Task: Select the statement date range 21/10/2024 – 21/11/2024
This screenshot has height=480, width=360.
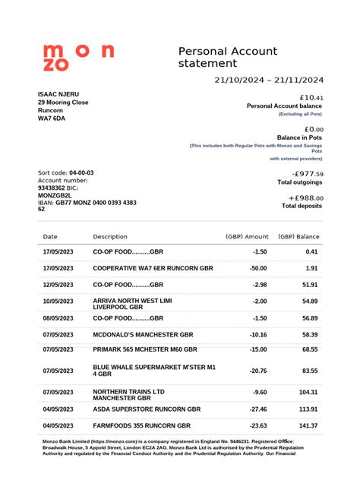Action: pos(269,81)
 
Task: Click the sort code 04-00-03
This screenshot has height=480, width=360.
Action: pos(81,173)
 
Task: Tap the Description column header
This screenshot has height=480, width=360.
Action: pos(110,237)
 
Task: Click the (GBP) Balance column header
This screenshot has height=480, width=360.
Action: pos(298,237)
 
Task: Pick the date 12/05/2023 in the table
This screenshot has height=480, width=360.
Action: pos(58,284)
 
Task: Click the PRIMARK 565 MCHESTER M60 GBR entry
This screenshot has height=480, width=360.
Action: pos(144,349)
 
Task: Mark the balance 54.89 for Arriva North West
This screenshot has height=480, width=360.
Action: pos(308,302)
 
